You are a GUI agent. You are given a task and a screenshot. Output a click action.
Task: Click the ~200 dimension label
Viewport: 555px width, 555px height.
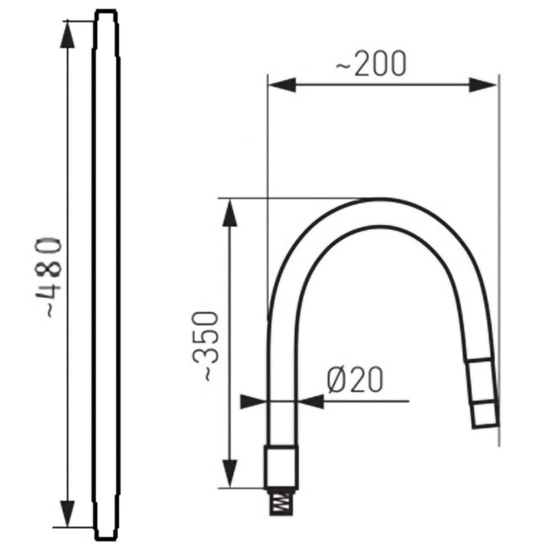pos(371,64)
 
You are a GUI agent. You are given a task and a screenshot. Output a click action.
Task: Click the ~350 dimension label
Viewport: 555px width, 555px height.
pos(205,346)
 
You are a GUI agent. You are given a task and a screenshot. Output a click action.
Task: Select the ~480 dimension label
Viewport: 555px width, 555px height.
pos(48,277)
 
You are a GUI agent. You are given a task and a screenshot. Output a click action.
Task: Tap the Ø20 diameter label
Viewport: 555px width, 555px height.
pos(355,380)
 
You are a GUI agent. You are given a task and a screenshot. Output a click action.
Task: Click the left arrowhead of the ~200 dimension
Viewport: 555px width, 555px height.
pos(282,85)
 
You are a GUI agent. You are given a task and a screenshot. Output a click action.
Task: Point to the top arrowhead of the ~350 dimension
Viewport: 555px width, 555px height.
pos(230,213)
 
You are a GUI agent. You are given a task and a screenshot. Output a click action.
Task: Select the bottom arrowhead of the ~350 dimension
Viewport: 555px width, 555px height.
pos(230,473)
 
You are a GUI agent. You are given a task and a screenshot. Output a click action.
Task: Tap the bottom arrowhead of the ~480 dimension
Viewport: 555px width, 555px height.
pos(67,513)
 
